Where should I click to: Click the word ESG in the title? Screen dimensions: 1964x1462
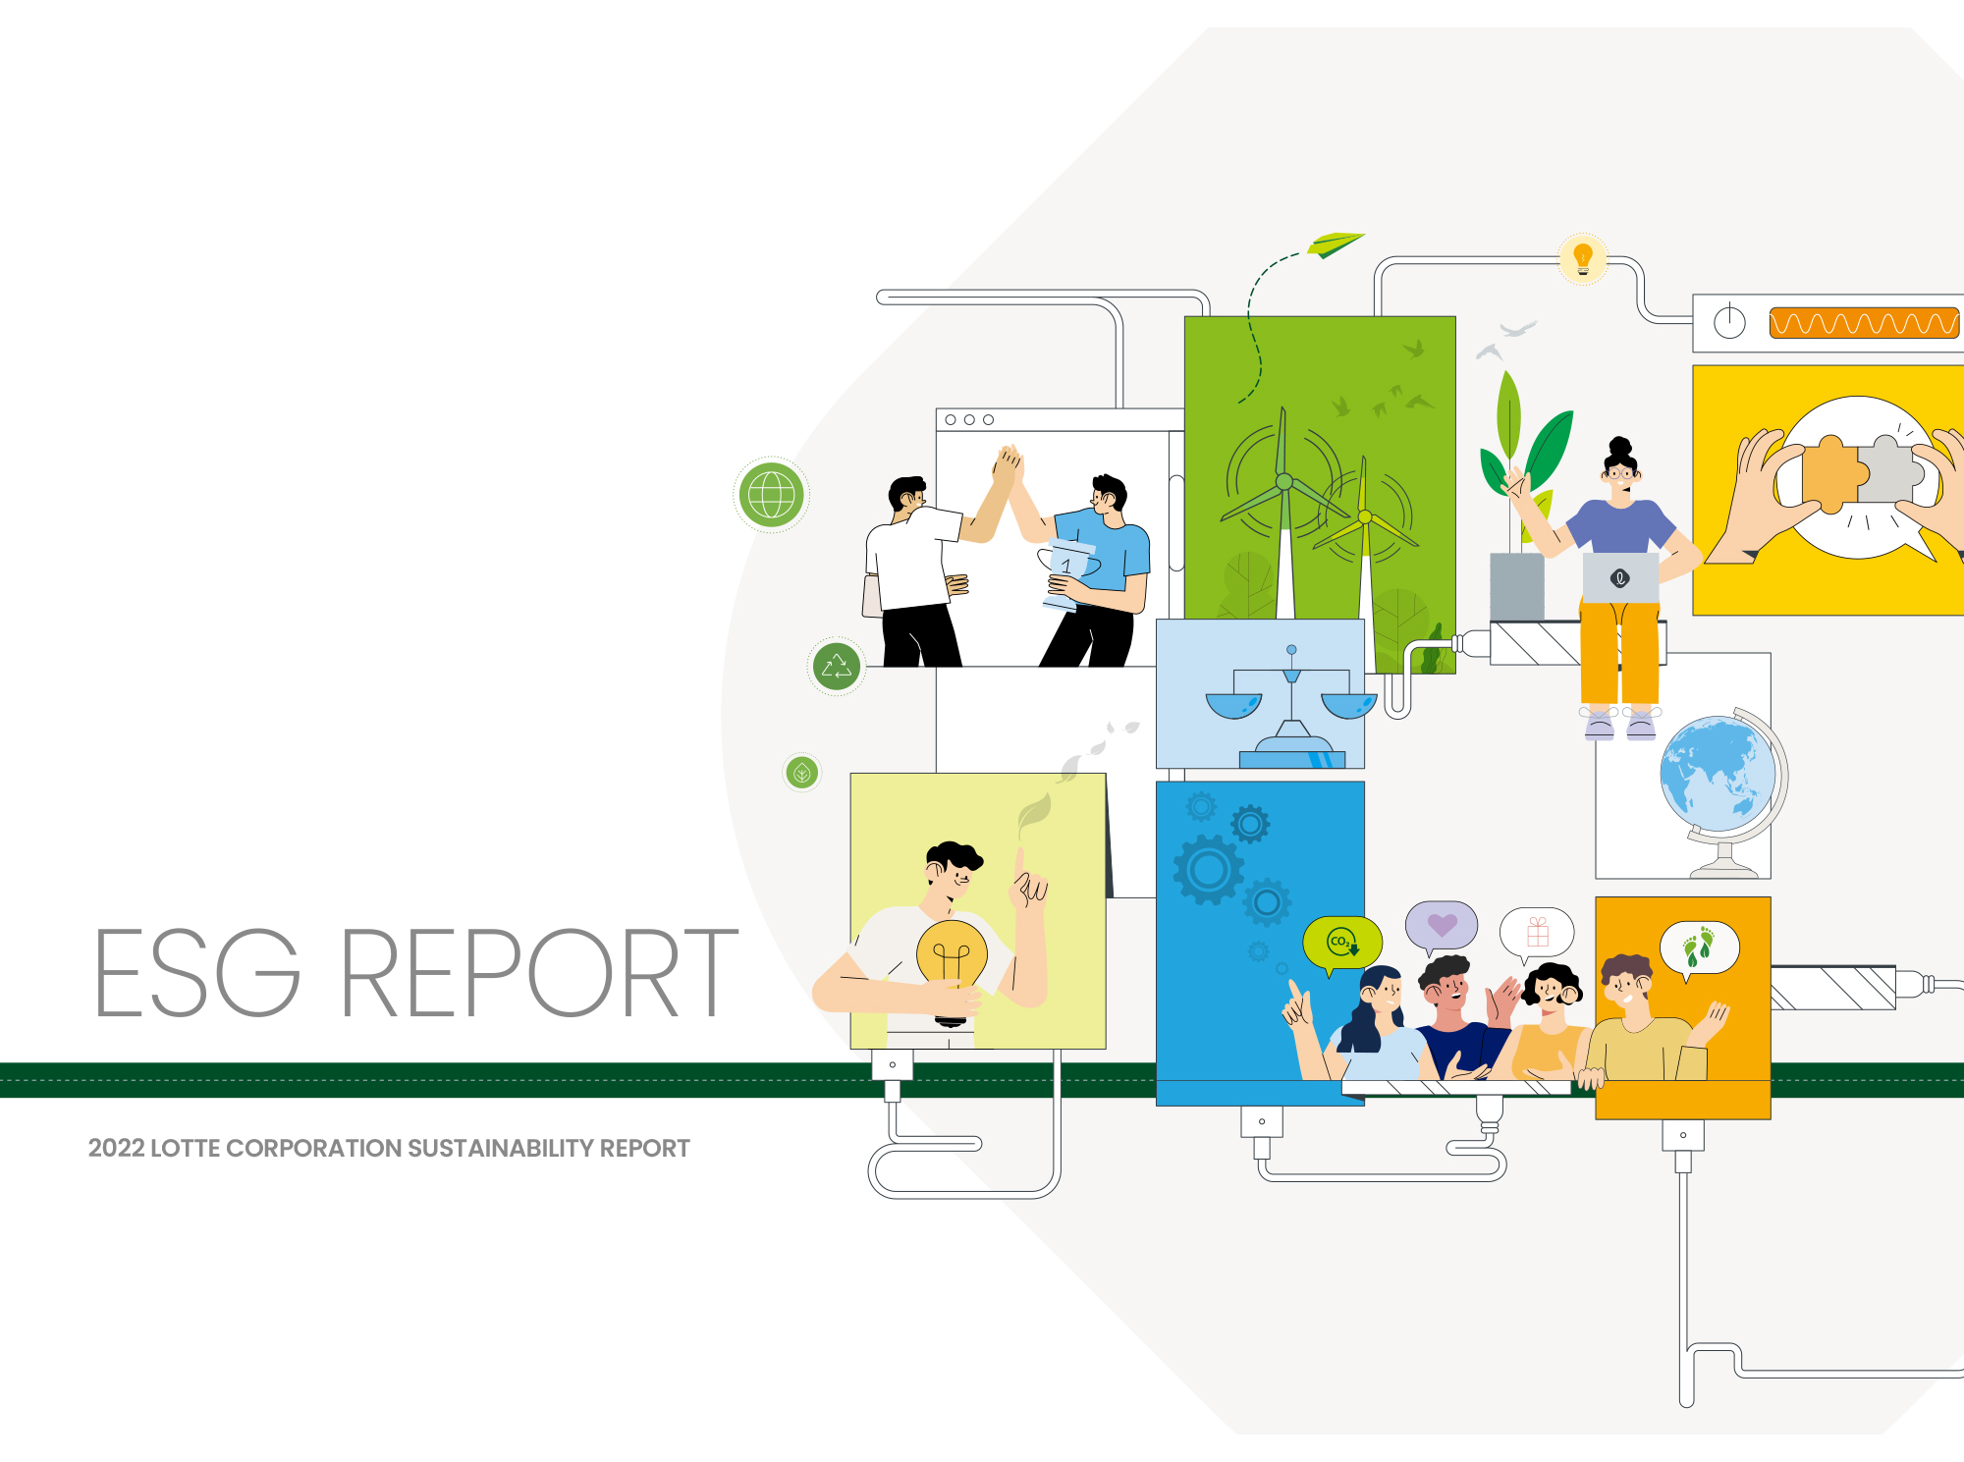coord(197,972)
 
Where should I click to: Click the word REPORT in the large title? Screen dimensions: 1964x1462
coord(539,972)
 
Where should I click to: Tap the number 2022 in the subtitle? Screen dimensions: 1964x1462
coord(116,1148)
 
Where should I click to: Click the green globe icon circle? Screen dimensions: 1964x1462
coord(772,495)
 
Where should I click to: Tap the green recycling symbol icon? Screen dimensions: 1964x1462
coord(837,668)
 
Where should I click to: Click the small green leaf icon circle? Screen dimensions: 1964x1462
coord(802,773)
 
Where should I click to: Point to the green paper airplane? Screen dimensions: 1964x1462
coord(1335,244)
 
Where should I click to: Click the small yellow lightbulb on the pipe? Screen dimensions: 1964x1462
coord(1583,258)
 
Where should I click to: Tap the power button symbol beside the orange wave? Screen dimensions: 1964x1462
coord(1729,322)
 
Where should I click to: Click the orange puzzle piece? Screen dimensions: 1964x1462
coord(1828,474)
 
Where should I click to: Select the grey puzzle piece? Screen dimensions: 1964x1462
coord(1887,470)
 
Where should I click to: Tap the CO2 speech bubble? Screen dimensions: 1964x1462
coord(1342,944)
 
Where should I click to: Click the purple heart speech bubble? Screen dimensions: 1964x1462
coord(1442,926)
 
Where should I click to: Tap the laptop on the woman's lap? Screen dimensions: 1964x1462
coord(1620,578)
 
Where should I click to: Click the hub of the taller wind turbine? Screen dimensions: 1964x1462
coord(1283,481)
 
